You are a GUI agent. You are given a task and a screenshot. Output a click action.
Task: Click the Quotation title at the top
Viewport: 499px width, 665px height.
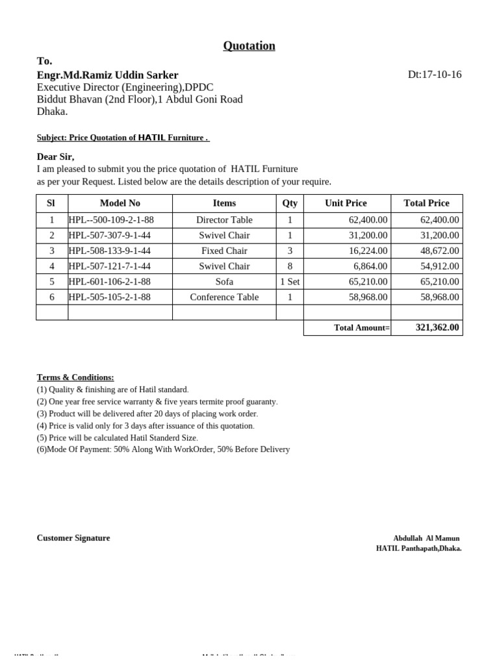[249, 45]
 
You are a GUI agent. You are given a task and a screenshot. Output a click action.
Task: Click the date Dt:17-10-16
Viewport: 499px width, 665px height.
[434, 74]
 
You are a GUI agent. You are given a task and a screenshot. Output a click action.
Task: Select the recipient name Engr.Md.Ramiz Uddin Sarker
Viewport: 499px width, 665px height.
[107, 75]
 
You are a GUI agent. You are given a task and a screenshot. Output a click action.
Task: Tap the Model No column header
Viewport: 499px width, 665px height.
[120, 203]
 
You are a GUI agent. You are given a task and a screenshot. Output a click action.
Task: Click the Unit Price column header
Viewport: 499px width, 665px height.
[346, 203]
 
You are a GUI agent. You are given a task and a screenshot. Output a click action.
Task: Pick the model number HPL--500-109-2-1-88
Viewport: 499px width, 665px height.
[111, 220]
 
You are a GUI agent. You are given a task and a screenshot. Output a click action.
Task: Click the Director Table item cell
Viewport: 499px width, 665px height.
[224, 220]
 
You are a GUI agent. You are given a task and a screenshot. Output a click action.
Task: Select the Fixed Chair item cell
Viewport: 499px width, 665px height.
[224, 251]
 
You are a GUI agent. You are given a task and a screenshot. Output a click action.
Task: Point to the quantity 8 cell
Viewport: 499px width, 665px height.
[290, 266]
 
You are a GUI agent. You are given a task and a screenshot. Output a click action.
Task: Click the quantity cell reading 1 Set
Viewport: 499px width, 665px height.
[290, 282]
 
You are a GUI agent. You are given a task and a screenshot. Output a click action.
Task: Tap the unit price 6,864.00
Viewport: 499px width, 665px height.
[370, 266]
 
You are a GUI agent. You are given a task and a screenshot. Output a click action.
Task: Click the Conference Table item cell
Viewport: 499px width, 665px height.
[224, 297]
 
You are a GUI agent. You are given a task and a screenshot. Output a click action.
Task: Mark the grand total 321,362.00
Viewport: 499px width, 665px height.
[437, 328]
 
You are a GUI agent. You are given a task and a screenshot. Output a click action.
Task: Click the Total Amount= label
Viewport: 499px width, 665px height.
[362, 328]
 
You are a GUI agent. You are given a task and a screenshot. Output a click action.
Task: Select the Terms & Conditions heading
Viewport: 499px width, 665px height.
[75, 377]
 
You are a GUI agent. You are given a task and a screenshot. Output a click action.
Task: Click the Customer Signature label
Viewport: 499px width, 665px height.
[73, 538]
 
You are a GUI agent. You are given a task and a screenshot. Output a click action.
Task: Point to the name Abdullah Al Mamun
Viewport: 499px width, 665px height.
[426, 538]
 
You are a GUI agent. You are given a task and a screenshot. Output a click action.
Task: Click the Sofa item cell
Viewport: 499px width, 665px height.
[224, 282]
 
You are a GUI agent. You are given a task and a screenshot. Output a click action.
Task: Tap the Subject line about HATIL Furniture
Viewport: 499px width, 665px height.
[123, 138]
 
